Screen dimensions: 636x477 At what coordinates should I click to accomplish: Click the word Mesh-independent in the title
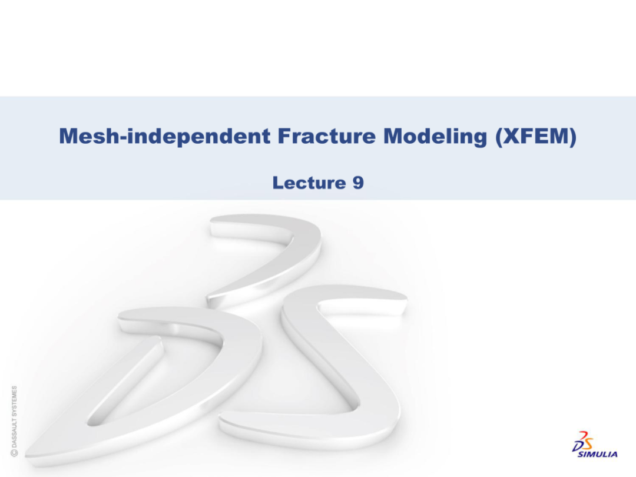click(165, 136)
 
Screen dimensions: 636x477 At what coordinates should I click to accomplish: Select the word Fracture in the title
click(326, 136)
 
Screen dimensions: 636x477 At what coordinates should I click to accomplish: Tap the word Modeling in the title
click(435, 137)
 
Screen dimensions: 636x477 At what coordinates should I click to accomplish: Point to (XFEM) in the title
click(536, 137)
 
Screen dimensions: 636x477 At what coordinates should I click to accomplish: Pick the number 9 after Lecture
click(358, 183)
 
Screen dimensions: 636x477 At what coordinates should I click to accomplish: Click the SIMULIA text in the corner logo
click(598, 454)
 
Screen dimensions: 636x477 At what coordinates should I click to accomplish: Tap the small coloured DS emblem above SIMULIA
click(582, 441)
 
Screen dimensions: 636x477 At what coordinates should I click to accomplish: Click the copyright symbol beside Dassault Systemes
click(14, 453)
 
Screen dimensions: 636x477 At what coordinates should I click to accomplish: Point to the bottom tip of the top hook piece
click(208, 302)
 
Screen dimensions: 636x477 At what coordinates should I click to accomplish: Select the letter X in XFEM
click(511, 136)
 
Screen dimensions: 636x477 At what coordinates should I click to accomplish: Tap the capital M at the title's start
click(69, 136)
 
